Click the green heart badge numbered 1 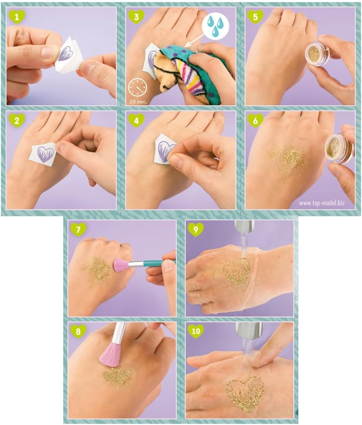17,17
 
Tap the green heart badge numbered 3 136,17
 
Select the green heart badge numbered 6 255,120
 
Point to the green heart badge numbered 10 195,331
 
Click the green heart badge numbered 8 78,331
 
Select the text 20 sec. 138,102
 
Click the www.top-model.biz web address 322,203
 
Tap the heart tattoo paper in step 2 44,154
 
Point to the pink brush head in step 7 120,265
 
